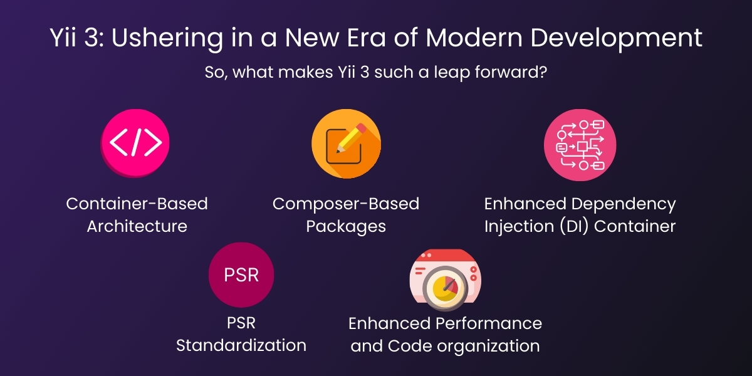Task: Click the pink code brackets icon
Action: (136, 144)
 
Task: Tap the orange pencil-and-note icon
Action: (345, 144)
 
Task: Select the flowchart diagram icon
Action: (580, 145)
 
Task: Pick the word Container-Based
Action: (137, 204)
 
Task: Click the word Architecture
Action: (137, 226)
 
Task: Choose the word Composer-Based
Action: (346, 204)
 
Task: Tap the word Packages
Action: (346, 226)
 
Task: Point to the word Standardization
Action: (241, 345)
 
